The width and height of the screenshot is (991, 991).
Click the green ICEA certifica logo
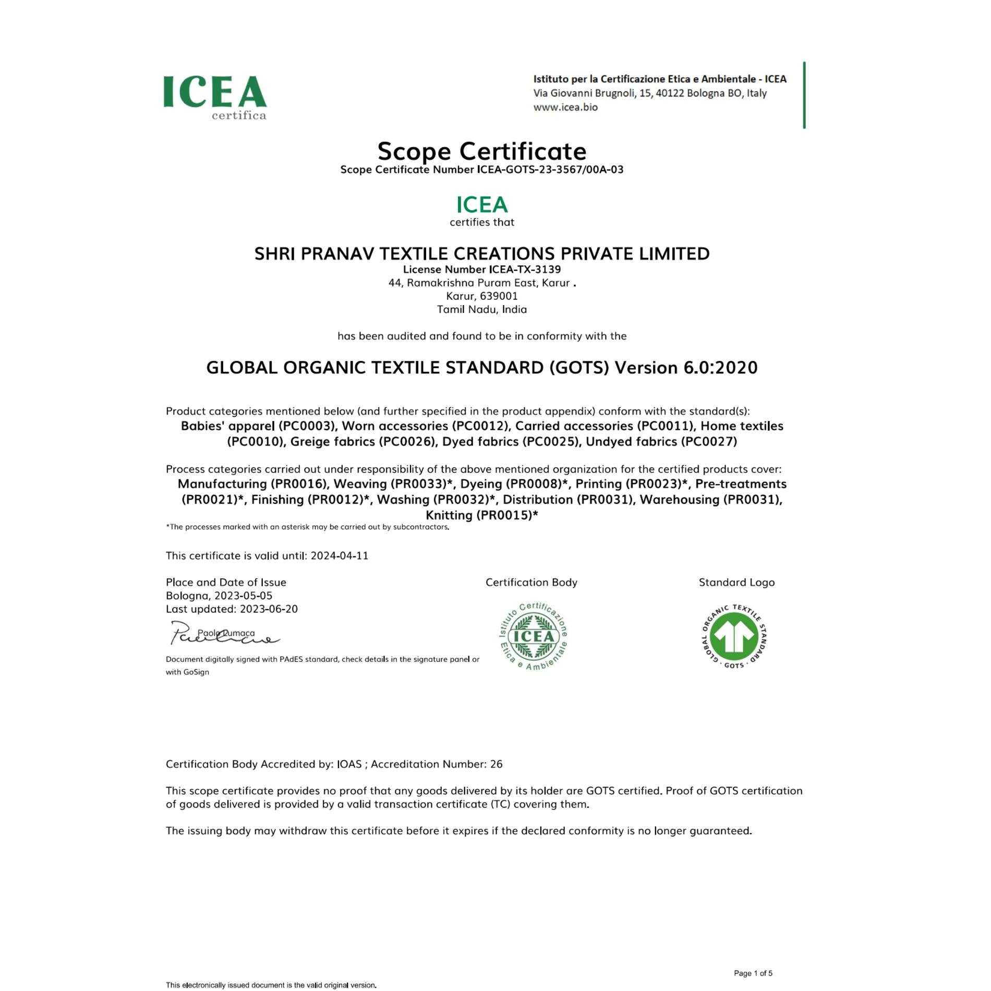pyautogui.click(x=215, y=97)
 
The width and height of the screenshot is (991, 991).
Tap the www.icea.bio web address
pyautogui.click(x=565, y=107)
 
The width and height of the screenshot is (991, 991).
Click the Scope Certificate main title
pyautogui.click(x=482, y=151)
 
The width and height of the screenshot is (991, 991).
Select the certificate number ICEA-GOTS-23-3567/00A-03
pyautogui.click(x=550, y=170)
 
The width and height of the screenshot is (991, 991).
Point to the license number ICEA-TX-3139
pyautogui.click(x=525, y=270)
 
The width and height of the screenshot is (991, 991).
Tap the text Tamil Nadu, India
pyautogui.click(x=482, y=310)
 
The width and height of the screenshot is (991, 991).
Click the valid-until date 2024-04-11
pyautogui.click(x=340, y=556)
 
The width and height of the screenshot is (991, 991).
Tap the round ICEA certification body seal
pyautogui.click(x=533, y=636)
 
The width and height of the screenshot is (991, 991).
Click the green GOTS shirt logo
pyautogui.click(x=734, y=636)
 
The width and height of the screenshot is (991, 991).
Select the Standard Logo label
pyautogui.click(x=736, y=583)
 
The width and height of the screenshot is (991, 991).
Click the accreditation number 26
pyautogui.click(x=496, y=765)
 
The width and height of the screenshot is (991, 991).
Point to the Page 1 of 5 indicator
pyautogui.click(x=753, y=973)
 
